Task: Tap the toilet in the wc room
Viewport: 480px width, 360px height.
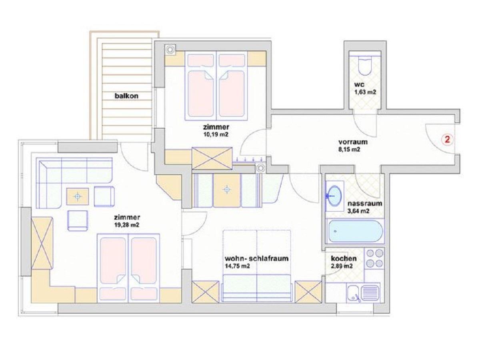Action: coord(365,65)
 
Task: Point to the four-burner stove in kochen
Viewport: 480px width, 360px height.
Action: coord(374,258)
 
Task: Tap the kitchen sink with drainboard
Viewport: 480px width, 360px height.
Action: coord(362,293)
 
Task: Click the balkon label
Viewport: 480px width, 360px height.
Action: coord(126,96)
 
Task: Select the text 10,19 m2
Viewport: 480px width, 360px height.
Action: coord(216,134)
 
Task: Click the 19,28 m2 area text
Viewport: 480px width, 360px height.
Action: coord(127,225)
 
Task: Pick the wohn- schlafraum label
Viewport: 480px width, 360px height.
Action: coord(256,258)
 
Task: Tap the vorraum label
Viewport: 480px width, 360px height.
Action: coord(353,142)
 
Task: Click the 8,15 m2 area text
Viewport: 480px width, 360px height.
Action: coord(349,150)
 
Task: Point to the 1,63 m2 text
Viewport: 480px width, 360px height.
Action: coord(365,92)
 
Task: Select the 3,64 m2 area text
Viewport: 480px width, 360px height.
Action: coord(358,211)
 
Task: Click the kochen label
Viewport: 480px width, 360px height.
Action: coord(344,258)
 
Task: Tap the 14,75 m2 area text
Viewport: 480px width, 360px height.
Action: coord(237,266)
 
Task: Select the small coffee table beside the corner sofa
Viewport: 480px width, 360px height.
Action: coord(78,196)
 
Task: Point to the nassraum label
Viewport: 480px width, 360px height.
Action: coord(365,203)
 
